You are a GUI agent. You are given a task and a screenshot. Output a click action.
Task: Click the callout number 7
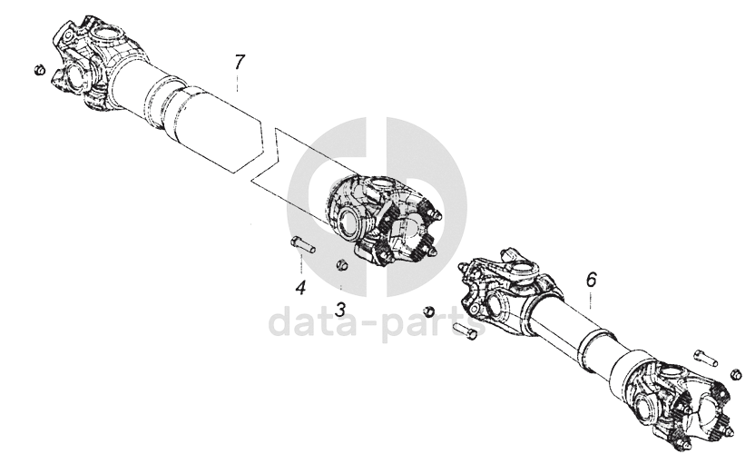(x=240, y=63)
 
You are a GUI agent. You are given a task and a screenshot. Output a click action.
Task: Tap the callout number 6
(x=592, y=280)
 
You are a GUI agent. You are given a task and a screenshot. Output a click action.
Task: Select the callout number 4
(x=301, y=288)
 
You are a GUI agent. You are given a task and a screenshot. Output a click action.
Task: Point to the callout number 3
(x=340, y=310)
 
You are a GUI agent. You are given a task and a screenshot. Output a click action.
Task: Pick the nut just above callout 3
(x=341, y=264)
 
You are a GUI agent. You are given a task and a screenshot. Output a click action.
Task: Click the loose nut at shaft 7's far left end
(x=40, y=69)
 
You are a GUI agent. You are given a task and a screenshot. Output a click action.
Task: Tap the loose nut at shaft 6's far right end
(x=735, y=374)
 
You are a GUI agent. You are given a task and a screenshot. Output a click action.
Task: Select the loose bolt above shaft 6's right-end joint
(x=705, y=358)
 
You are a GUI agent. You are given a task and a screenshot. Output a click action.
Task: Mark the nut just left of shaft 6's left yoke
(x=428, y=311)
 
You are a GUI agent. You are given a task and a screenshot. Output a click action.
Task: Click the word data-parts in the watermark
(x=377, y=323)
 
